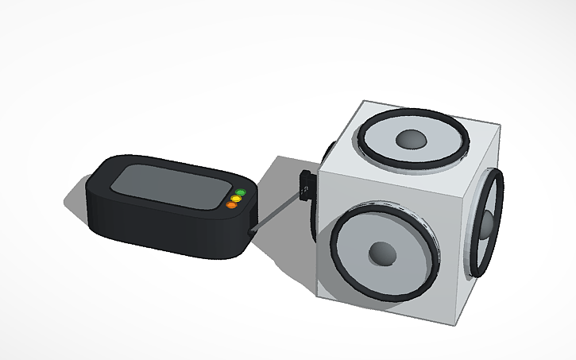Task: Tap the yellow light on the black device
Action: tap(236, 198)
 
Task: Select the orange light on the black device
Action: tap(231, 205)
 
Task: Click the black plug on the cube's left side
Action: tap(305, 184)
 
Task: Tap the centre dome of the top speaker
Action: tap(412, 140)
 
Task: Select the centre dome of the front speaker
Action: tap(382, 254)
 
